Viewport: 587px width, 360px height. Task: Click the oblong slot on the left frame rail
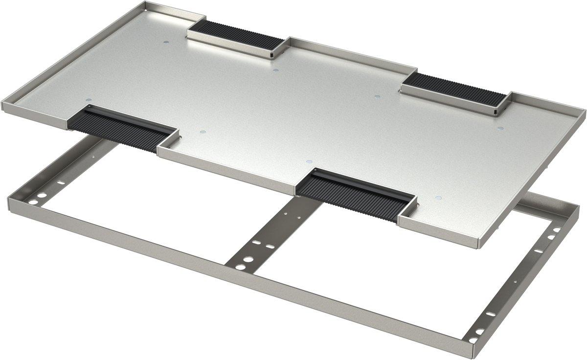[x=61, y=182]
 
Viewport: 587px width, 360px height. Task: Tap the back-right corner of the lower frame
[x=577, y=208]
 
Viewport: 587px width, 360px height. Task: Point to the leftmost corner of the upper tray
[x=4, y=104]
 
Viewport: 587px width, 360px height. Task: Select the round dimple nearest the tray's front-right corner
[x=438, y=198]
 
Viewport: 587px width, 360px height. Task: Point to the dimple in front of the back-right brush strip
[x=377, y=96]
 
